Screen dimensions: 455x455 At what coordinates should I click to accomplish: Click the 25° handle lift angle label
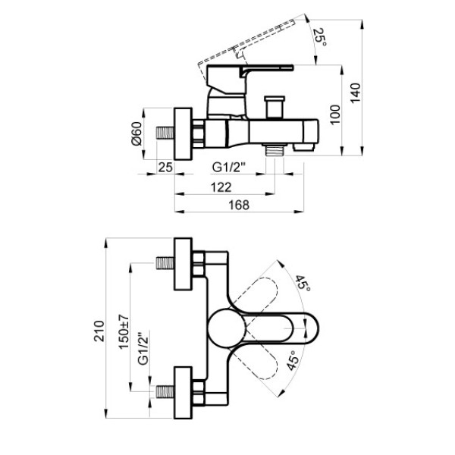(x=320, y=36)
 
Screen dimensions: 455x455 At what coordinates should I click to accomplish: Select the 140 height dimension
(x=355, y=93)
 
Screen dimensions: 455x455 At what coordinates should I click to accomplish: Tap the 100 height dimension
(x=335, y=115)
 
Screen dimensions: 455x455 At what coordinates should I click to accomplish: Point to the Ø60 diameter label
(x=136, y=133)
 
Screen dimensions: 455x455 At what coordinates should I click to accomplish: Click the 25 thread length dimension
(x=165, y=167)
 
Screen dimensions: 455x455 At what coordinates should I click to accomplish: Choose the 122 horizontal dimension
(x=221, y=187)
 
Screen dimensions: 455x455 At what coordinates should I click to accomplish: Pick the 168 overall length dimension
(x=239, y=206)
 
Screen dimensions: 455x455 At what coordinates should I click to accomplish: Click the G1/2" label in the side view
(x=229, y=167)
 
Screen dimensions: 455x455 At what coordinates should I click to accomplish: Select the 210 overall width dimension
(x=99, y=331)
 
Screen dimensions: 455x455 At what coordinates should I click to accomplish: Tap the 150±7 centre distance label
(x=124, y=331)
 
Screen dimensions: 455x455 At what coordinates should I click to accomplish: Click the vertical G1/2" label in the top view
(x=143, y=348)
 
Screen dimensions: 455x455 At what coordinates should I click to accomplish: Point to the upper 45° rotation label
(x=303, y=284)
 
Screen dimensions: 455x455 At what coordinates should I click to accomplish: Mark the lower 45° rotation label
(x=293, y=359)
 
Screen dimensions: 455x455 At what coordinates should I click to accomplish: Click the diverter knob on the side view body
(x=275, y=107)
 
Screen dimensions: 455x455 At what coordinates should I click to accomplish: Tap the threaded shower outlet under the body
(x=275, y=150)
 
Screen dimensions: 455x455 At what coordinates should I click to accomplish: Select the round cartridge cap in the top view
(x=226, y=328)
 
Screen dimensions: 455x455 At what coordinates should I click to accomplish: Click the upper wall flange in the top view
(x=183, y=264)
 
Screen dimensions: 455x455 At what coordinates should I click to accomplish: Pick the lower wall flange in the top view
(x=183, y=393)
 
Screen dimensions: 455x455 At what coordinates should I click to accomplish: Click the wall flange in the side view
(x=183, y=133)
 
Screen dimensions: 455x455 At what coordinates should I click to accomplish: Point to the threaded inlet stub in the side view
(x=165, y=133)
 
